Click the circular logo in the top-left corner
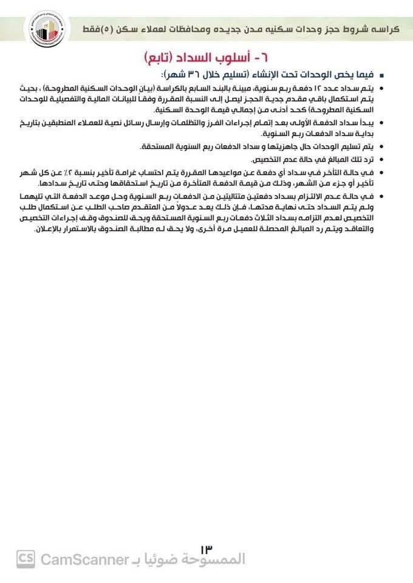click(x=41, y=28)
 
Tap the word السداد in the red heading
click(x=204, y=59)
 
